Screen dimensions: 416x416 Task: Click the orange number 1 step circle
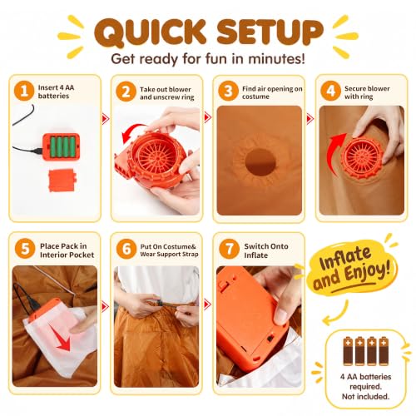[24, 91]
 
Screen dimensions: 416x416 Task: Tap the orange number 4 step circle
[330, 91]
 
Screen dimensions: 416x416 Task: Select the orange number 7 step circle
[229, 249]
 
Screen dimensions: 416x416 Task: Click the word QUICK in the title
[151, 33]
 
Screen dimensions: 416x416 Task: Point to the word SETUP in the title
[270, 32]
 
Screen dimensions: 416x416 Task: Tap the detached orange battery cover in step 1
[62, 181]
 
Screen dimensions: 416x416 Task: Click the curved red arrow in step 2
[131, 133]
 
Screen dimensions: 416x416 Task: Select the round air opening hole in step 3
[260, 162]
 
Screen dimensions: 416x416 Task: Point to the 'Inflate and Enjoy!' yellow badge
[351, 269]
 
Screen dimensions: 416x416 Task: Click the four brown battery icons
[365, 351]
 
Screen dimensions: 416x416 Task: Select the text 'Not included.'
[365, 397]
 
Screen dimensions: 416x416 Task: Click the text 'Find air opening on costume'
[272, 92]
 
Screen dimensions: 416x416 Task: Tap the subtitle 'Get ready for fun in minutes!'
[208, 59]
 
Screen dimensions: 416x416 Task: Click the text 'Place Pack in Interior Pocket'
[67, 250]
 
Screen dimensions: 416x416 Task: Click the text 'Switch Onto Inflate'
[266, 250]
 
